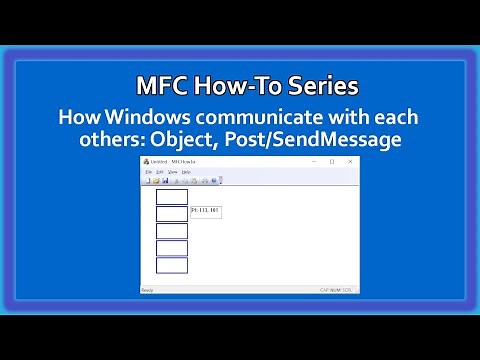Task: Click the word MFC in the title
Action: click(x=161, y=84)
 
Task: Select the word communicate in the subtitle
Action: click(x=270, y=118)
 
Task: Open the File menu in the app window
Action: click(x=149, y=172)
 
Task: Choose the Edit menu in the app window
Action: click(x=160, y=172)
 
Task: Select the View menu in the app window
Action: click(x=173, y=172)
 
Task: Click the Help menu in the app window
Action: click(x=186, y=172)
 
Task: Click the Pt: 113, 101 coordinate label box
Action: click(x=204, y=211)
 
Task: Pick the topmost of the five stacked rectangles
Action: click(x=172, y=196)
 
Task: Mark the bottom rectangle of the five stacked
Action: click(x=172, y=265)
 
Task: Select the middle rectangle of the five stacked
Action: click(x=172, y=230)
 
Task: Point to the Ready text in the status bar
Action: click(x=147, y=290)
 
